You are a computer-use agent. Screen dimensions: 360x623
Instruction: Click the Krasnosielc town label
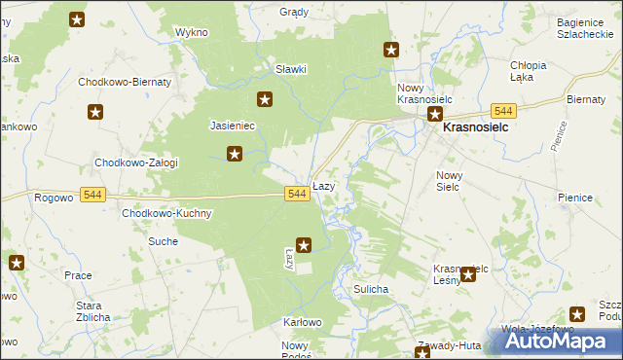point(478,126)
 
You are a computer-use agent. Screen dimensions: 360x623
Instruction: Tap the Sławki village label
point(291,69)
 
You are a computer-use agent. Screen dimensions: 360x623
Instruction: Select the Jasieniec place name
point(232,126)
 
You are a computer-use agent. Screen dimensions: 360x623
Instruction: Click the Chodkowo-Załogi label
point(135,162)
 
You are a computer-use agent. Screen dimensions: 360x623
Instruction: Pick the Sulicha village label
point(372,289)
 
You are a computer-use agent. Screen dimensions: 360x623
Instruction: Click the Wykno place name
point(192,32)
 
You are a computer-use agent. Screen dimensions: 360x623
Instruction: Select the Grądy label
point(293,13)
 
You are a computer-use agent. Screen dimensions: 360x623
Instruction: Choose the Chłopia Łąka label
point(529,71)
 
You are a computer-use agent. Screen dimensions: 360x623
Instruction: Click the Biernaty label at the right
point(586,98)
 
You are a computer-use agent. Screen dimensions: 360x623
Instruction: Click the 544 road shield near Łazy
point(298,195)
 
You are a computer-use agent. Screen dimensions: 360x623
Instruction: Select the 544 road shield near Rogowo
point(92,195)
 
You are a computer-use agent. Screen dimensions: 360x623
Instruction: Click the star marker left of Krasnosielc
point(436,115)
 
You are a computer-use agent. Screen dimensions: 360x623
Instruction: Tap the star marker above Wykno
point(78,18)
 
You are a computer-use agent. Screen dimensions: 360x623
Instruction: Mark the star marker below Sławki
point(264,99)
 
